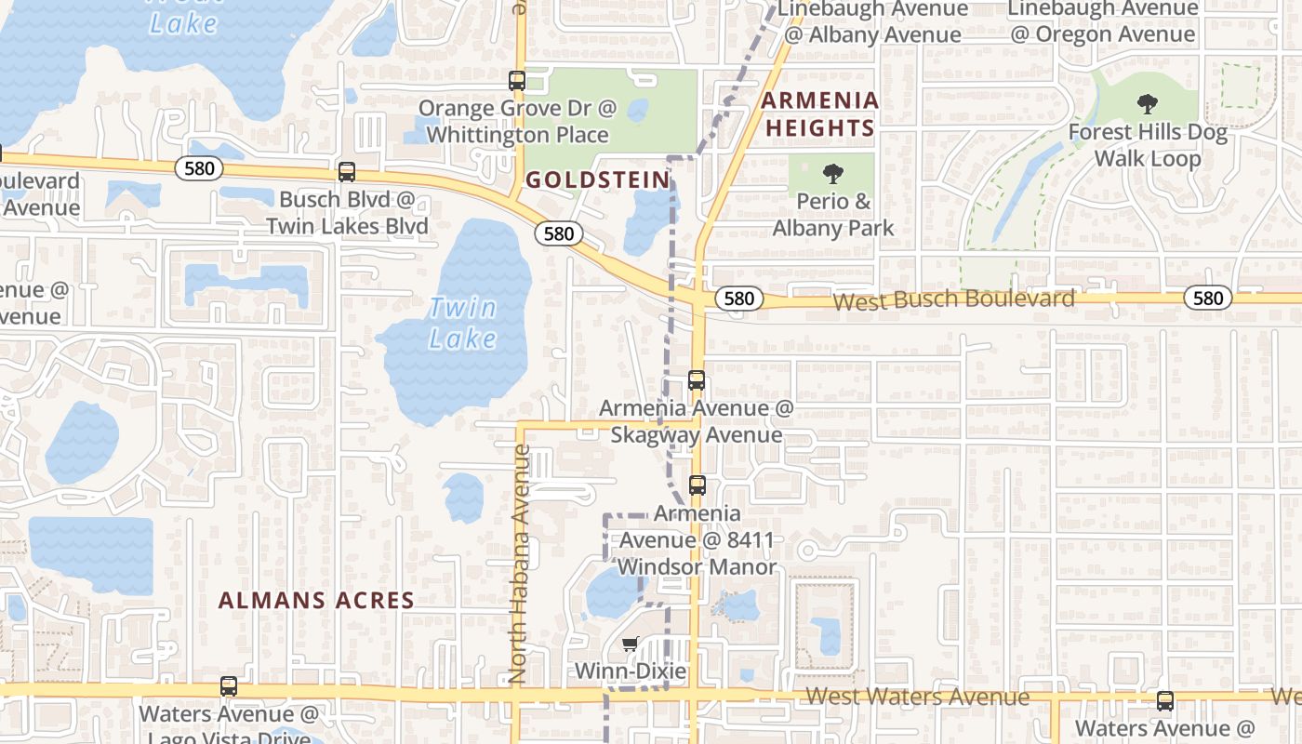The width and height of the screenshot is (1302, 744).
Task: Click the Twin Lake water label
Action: [x=463, y=323]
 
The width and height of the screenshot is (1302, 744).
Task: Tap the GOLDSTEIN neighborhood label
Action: [x=598, y=179]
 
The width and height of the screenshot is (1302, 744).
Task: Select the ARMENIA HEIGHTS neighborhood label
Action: [x=819, y=113]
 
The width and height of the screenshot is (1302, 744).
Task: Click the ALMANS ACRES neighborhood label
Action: [x=316, y=600]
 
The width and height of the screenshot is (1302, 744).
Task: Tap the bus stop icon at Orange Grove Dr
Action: [x=517, y=81]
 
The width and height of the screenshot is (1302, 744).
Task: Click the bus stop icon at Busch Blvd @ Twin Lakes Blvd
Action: [x=347, y=171]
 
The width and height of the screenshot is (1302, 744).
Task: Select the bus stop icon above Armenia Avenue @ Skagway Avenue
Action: [x=697, y=379]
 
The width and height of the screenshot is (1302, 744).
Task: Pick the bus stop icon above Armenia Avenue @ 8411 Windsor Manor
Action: [x=697, y=485]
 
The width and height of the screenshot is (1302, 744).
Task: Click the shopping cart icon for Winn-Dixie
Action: [x=631, y=644]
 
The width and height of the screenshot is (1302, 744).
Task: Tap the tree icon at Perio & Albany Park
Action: [x=832, y=173]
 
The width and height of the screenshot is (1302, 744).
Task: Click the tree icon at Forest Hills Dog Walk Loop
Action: [x=1148, y=105]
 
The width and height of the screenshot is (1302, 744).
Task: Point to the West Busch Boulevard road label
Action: [x=953, y=299]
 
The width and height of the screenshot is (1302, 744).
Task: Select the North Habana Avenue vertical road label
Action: [x=521, y=564]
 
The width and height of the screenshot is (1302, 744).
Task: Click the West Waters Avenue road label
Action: [x=917, y=697]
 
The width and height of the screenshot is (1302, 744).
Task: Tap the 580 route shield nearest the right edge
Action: [x=1208, y=298]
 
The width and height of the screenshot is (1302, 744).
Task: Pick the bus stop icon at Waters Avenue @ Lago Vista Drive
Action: [x=229, y=686]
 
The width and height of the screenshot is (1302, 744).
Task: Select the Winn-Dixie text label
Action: [x=631, y=671]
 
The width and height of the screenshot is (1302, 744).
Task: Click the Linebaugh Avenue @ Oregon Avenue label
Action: [x=1102, y=21]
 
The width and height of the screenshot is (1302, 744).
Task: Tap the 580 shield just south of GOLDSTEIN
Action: [x=558, y=233]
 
